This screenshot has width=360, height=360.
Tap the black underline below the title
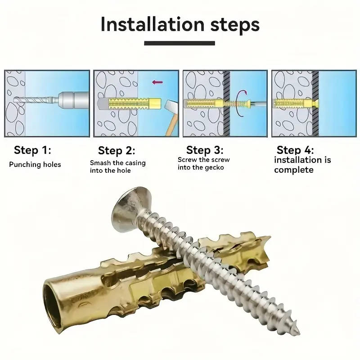[180, 44]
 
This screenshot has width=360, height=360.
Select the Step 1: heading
[32, 150]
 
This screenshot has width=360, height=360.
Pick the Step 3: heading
[205, 150]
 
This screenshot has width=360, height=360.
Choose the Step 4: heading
[295, 150]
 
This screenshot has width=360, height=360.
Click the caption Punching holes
[35, 165]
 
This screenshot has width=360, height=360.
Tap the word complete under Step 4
[293, 170]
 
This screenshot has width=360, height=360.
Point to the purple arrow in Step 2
[157, 82]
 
